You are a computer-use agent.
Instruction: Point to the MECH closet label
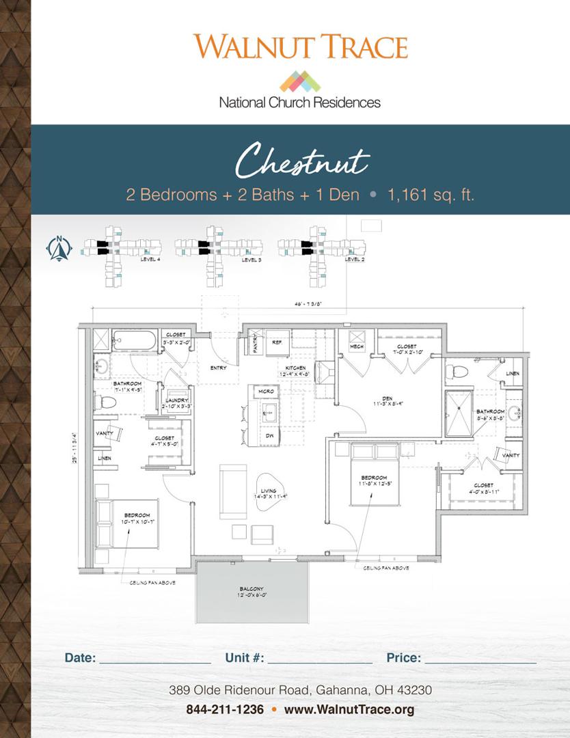point(357,346)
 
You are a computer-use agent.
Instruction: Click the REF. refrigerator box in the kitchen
point(277,341)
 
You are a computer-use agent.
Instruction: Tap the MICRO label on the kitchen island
point(265,391)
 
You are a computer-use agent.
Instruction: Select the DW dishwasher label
point(269,435)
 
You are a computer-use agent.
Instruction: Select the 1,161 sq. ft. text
point(431,195)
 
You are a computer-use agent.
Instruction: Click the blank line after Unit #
point(320,658)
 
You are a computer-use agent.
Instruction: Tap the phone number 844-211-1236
point(225,709)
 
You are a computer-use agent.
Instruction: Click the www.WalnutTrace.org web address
point(349,709)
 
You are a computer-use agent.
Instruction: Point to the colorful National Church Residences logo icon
point(300,81)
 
